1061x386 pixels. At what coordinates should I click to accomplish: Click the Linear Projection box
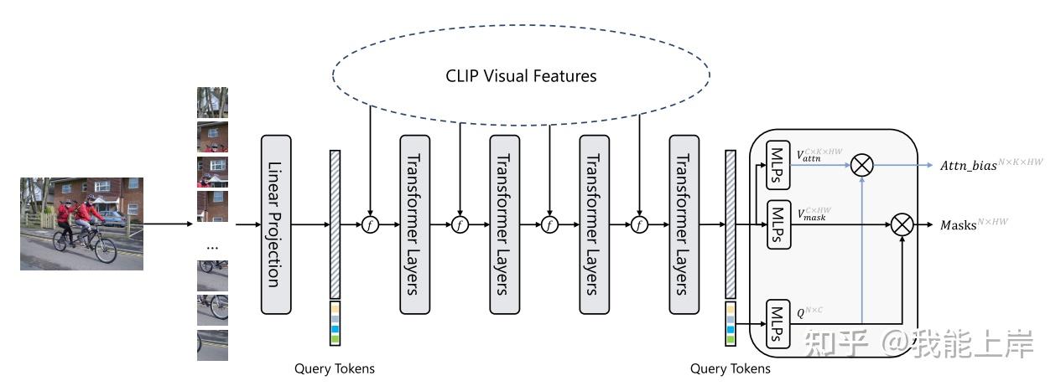pyautogui.click(x=276, y=224)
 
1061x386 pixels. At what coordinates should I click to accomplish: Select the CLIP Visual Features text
pyautogui.click(x=521, y=76)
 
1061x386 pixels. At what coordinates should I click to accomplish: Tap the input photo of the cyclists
pyautogui.click(x=81, y=223)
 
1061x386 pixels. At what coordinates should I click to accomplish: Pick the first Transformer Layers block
pyautogui.click(x=414, y=224)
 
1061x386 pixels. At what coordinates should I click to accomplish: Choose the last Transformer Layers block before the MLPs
pyautogui.click(x=684, y=224)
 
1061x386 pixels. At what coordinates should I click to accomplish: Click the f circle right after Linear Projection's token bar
pyautogui.click(x=370, y=224)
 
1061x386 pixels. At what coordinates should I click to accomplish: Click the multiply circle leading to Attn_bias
pyautogui.click(x=862, y=165)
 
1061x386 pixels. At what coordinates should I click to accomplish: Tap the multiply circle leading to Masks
pyautogui.click(x=902, y=224)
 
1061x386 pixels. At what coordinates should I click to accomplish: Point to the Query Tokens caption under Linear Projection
pyautogui.click(x=335, y=368)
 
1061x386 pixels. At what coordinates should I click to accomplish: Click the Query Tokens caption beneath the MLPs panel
pyautogui.click(x=730, y=368)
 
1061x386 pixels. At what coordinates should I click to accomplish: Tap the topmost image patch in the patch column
pyautogui.click(x=212, y=102)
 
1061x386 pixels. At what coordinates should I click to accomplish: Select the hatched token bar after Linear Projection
pyautogui.click(x=335, y=224)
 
